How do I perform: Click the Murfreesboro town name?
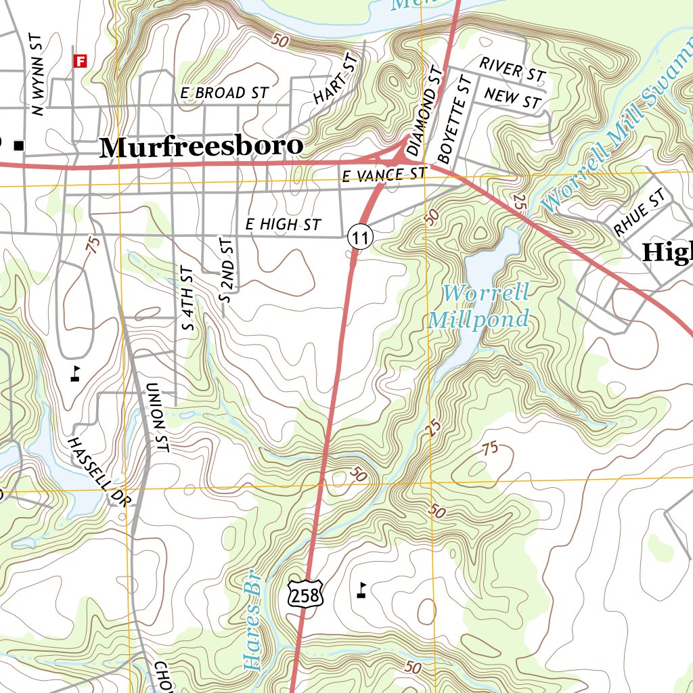200,147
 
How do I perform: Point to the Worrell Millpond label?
479,306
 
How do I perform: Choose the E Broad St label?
224,93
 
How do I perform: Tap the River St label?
512,68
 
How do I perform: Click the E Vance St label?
384,175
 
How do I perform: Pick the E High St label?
283,224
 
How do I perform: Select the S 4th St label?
188,298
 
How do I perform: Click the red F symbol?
81,61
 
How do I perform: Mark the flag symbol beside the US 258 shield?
362,590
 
